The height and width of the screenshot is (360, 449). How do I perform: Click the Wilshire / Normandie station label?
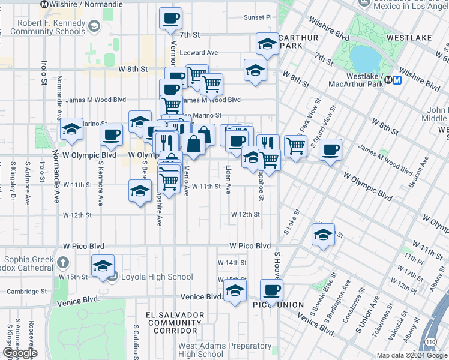86,4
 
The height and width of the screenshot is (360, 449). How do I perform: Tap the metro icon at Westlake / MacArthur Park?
389,79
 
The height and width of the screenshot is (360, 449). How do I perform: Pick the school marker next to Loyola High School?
103,266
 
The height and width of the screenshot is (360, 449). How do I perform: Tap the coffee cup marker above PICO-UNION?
271,290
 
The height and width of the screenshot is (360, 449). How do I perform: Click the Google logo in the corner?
20,353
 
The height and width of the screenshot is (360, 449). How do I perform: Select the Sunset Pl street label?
258,18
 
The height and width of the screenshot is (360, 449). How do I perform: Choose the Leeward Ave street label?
199,53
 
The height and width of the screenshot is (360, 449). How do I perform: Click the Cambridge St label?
26,292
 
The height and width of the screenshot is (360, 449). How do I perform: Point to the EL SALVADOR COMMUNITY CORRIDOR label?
174,322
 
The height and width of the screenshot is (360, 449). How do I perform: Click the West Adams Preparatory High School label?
224,350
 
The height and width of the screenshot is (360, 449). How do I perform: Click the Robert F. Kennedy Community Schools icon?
94,26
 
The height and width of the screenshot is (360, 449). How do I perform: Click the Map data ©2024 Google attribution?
412,355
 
